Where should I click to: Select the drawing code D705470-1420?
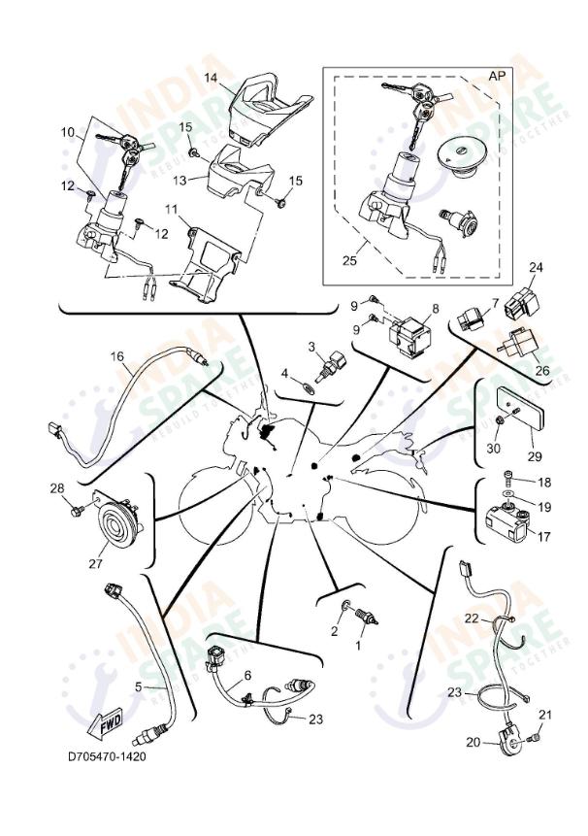pos(107,756)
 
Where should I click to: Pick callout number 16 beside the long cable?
pos(116,357)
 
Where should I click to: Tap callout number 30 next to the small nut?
pos(492,448)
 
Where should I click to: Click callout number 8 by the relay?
pos(435,309)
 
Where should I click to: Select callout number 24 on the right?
pos(537,267)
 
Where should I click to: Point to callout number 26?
pos(541,369)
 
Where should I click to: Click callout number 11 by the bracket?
pos(170,210)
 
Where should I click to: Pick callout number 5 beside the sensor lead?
pos(138,686)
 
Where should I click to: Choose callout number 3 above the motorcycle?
pos(312,347)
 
